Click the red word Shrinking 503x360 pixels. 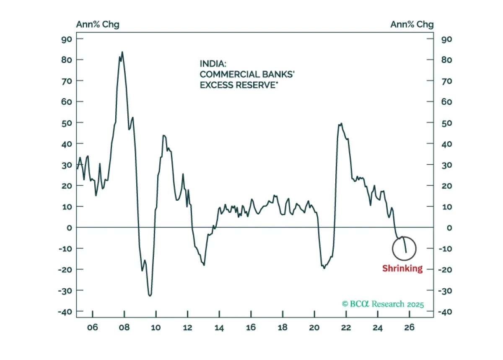tap(402, 269)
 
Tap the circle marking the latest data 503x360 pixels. tap(393, 249)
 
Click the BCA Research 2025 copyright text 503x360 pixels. tap(383, 304)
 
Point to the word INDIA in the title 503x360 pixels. tap(213, 64)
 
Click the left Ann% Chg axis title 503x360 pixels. tap(98, 24)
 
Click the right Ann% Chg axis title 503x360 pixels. tap(412, 24)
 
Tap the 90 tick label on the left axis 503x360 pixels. tap(67, 39)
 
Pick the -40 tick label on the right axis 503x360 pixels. tap(445, 312)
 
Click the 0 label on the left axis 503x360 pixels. tap(69, 228)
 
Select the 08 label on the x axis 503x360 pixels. tap(124, 327)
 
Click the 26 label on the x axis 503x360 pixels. tap(409, 327)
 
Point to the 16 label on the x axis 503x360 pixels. tap(251, 327)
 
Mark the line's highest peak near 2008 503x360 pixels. tap(122, 52)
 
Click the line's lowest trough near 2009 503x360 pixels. tap(150, 296)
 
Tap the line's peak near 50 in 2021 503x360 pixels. tap(341, 123)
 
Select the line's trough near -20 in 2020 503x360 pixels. tap(324, 268)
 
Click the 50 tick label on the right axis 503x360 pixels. tap(447, 123)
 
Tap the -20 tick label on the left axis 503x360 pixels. tap(65, 270)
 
